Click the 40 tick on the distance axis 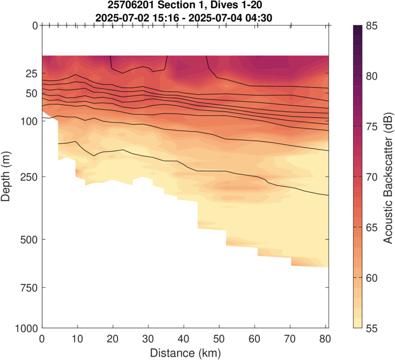coord(184,339)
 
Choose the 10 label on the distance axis coord(77,339)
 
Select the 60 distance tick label coord(255,339)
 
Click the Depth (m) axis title coord(6,177)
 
